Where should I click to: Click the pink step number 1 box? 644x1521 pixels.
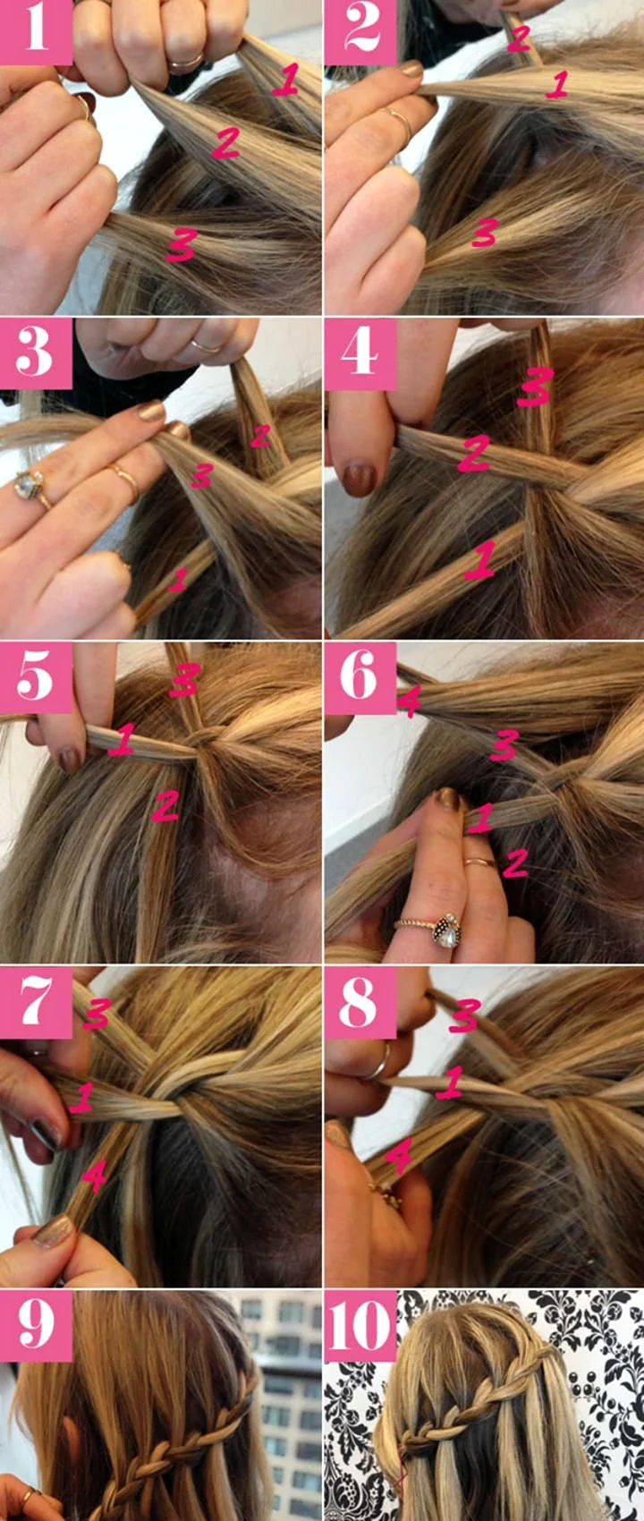coord(36,32)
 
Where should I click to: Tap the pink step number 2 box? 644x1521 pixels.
coord(360,32)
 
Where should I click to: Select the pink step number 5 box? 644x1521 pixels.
coord(36,677)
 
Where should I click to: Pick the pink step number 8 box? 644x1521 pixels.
coord(360,1003)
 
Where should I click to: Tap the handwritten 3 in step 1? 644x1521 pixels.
coord(182,245)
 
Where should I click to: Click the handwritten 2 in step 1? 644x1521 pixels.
coord(226,143)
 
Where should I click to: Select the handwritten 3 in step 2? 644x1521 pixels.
coord(485,233)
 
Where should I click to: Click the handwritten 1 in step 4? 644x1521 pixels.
coord(479,559)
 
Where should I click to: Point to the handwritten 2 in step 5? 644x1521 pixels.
coord(165,805)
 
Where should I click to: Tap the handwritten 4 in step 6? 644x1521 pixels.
coord(410,701)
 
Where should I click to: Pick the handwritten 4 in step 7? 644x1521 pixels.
coord(94,1176)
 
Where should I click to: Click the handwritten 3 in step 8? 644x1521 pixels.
coord(465,1015)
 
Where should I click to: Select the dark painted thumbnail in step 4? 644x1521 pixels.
coord(359,480)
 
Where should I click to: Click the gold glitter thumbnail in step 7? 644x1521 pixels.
coord(52,1229)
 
